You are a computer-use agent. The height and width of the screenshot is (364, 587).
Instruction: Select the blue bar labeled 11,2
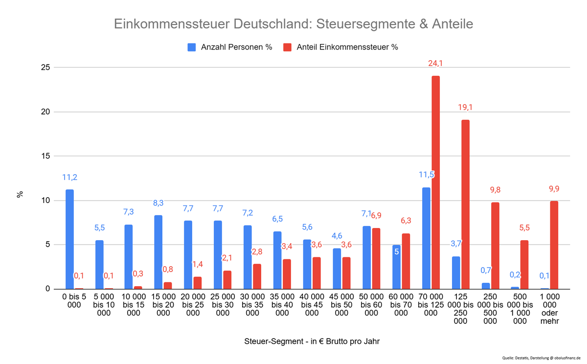(x=69, y=239)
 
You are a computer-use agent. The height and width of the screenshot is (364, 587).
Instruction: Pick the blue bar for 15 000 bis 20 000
(x=158, y=252)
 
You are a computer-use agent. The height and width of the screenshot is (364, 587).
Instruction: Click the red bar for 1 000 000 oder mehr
(x=554, y=245)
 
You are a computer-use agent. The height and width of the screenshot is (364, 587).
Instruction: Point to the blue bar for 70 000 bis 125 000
(x=426, y=238)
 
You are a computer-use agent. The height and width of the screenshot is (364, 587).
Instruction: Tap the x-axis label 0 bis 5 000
(x=74, y=301)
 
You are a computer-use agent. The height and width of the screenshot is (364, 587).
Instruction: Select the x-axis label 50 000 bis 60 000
(x=371, y=305)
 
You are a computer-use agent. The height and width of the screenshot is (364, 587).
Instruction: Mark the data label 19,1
(x=465, y=108)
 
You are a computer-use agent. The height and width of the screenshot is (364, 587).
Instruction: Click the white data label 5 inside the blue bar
(x=397, y=252)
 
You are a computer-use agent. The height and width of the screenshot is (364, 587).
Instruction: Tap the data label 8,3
(x=158, y=203)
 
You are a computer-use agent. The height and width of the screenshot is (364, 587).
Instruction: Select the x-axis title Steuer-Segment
(x=274, y=342)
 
